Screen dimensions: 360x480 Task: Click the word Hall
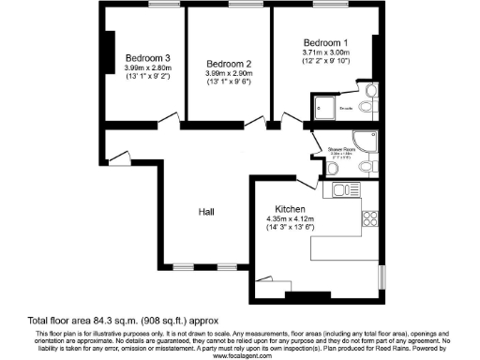tap(208, 213)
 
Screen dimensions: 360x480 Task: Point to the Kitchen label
tap(290, 208)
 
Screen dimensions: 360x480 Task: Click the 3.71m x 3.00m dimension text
tap(325, 53)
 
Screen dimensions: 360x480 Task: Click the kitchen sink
tap(342, 189)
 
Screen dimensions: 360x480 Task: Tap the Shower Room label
tap(340, 148)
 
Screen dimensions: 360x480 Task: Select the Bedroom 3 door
tap(167, 117)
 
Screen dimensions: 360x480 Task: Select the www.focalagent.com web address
tap(240, 355)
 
